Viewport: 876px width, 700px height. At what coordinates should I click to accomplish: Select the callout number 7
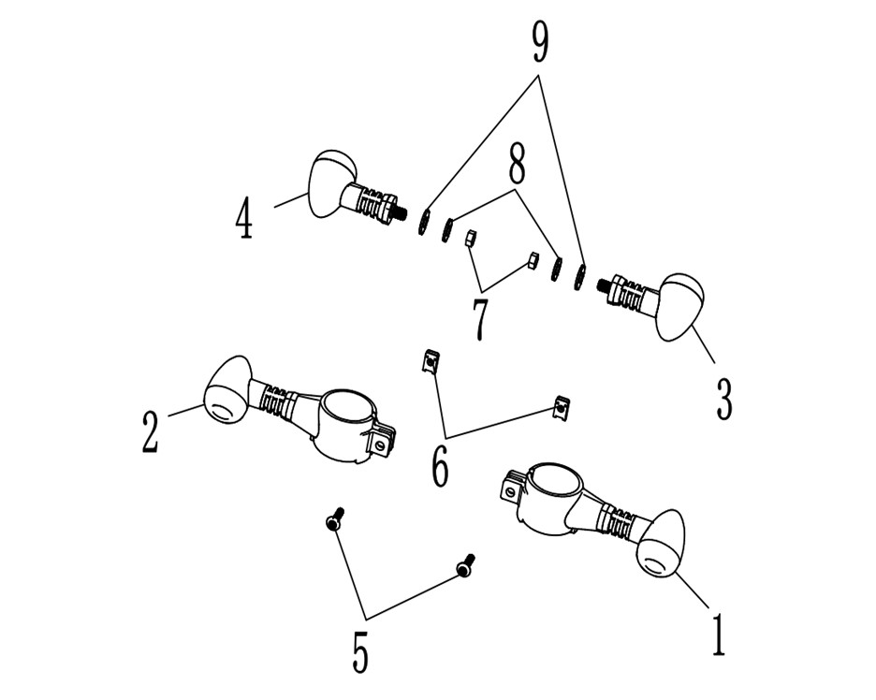point(480,318)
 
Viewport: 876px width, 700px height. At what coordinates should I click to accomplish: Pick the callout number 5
point(360,651)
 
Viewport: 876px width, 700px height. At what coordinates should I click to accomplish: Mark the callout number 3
point(724,399)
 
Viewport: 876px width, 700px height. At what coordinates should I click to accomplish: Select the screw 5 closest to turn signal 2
point(335,519)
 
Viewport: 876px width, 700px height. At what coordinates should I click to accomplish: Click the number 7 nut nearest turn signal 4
point(471,241)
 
